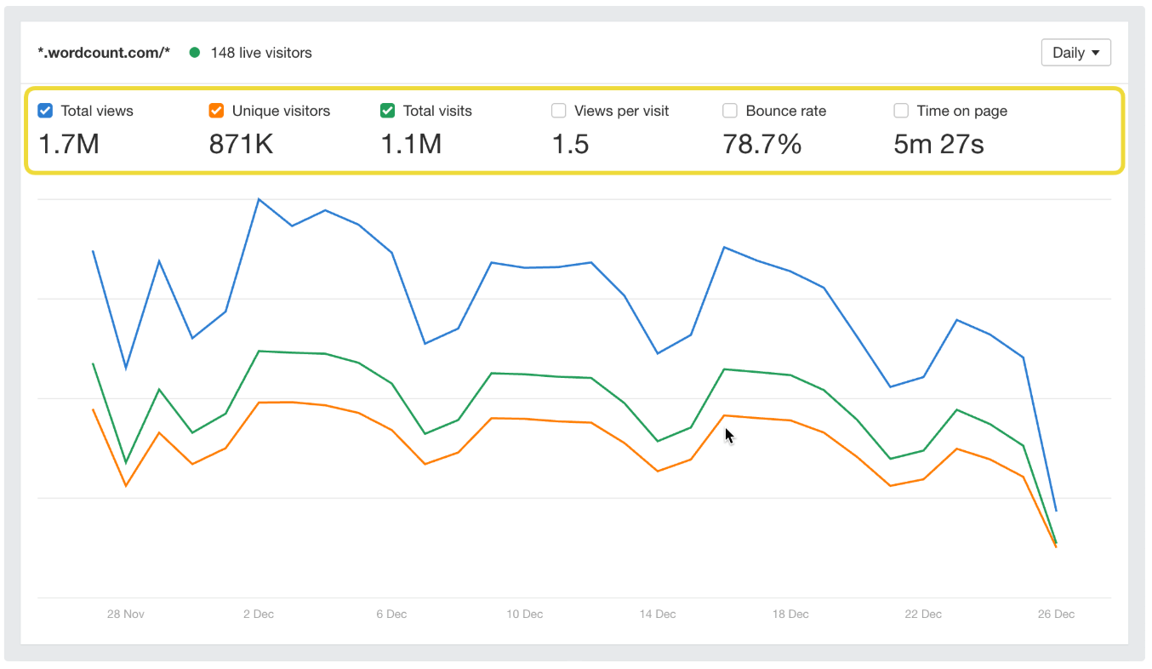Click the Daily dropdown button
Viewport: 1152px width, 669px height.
[1075, 53]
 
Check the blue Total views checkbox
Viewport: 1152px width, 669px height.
[46, 111]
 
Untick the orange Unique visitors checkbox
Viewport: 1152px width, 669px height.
[216, 111]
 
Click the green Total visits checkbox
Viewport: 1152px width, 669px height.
[387, 111]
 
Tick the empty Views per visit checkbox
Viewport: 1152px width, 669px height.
[559, 111]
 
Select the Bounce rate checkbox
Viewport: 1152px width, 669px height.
[730, 111]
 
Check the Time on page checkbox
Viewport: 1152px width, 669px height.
[901, 111]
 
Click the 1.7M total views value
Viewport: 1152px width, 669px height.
[69, 144]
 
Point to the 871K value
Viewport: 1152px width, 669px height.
[241, 144]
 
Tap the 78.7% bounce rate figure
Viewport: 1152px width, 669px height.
[761, 144]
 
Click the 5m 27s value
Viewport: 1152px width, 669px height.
[938, 144]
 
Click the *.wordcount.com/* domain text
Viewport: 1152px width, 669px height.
[104, 53]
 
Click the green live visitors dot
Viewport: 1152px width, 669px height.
[195, 53]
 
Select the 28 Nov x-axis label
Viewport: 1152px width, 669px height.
[125, 614]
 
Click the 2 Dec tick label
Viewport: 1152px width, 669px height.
[258, 614]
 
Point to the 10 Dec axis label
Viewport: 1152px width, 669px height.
[524, 614]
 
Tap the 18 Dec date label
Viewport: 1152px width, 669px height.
[790, 614]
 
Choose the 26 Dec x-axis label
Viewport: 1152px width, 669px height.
[1056, 614]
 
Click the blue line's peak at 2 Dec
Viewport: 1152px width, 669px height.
[259, 199]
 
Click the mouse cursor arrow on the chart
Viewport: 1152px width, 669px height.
[729, 435]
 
